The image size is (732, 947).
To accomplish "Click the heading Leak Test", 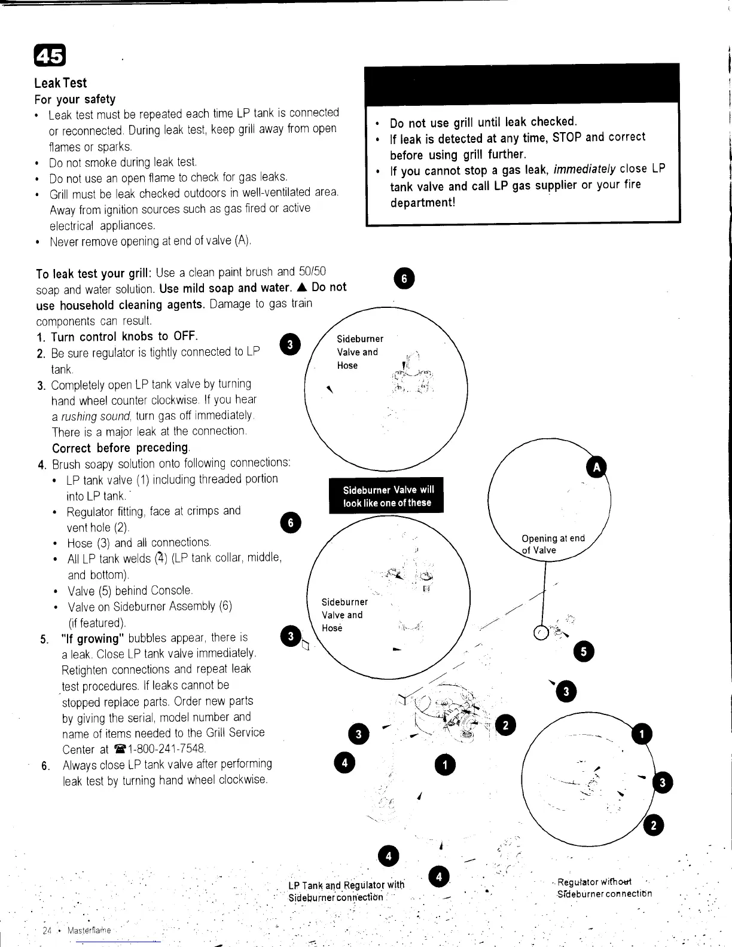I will click(60, 83).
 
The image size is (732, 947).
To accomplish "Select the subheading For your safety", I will click(75, 99).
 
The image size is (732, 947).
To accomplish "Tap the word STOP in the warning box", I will click(567, 138).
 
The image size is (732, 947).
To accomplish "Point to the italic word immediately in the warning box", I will click(585, 170).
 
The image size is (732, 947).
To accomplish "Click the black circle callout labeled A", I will click(596, 468).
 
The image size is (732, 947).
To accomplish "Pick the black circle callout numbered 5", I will click(584, 651).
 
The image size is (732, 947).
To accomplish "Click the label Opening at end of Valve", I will click(553, 544).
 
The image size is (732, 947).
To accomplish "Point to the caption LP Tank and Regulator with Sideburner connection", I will click(346, 891).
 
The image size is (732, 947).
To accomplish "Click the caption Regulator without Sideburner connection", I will click(604, 888).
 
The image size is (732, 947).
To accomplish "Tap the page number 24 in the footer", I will click(48, 931).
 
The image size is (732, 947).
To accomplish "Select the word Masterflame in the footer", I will click(89, 931).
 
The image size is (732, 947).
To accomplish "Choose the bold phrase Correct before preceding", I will click(120, 448).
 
